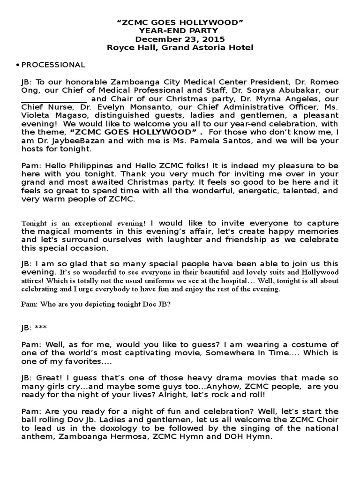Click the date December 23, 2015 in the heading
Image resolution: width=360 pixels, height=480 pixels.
(180, 39)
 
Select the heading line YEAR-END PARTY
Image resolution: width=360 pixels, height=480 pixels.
(180, 31)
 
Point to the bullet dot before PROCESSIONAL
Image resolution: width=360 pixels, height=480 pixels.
(17, 65)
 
